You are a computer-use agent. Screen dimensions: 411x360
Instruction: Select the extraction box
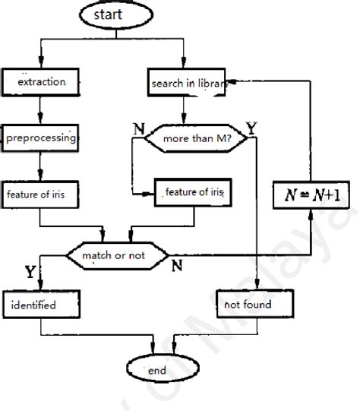tap(40, 80)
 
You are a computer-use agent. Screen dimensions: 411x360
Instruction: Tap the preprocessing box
tap(41, 138)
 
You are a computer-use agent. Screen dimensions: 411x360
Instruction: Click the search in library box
tap(187, 83)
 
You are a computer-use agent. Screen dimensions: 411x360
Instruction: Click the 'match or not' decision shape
tap(115, 255)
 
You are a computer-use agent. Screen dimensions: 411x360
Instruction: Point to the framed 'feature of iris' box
tap(192, 193)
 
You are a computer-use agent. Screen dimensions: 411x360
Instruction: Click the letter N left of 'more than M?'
tap(137, 126)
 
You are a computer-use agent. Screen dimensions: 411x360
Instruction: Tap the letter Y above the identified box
tap(29, 270)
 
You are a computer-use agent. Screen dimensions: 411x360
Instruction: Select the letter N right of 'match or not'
tap(176, 265)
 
